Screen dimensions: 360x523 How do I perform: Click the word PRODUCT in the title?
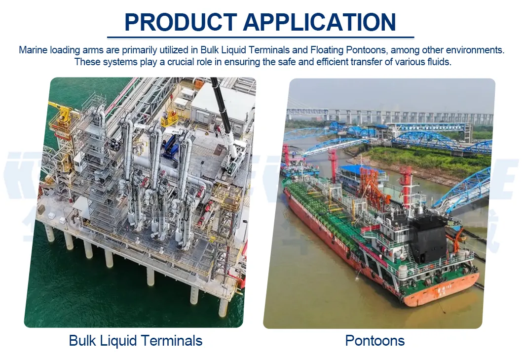[x=181, y=22]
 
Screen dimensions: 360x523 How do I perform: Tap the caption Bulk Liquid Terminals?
[x=136, y=340]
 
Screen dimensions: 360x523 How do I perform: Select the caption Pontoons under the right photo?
[x=375, y=340]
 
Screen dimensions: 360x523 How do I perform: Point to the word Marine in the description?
[x=33, y=50]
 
